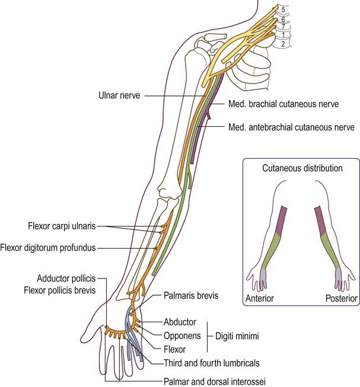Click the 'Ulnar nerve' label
click(x=119, y=95)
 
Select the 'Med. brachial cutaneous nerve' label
click(x=283, y=104)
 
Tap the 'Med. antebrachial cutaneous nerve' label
click(x=291, y=127)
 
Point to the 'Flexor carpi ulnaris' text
click(x=62, y=226)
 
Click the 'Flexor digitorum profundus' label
click(x=48, y=248)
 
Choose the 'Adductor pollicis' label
click(x=66, y=279)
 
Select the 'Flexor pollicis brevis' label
click(x=60, y=290)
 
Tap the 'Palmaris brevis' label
click(x=191, y=295)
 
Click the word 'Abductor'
click(x=180, y=322)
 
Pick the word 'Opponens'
click(x=182, y=336)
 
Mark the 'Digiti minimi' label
click(x=237, y=336)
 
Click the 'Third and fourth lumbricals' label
click(x=212, y=363)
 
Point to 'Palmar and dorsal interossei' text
click(x=215, y=382)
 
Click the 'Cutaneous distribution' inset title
click(x=302, y=168)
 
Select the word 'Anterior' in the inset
click(x=260, y=298)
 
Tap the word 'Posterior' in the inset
click(x=342, y=298)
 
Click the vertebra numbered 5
click(x=283, y=9)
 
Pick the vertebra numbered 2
click(x=283, y=44)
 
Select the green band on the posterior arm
click(x=330, y=251)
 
